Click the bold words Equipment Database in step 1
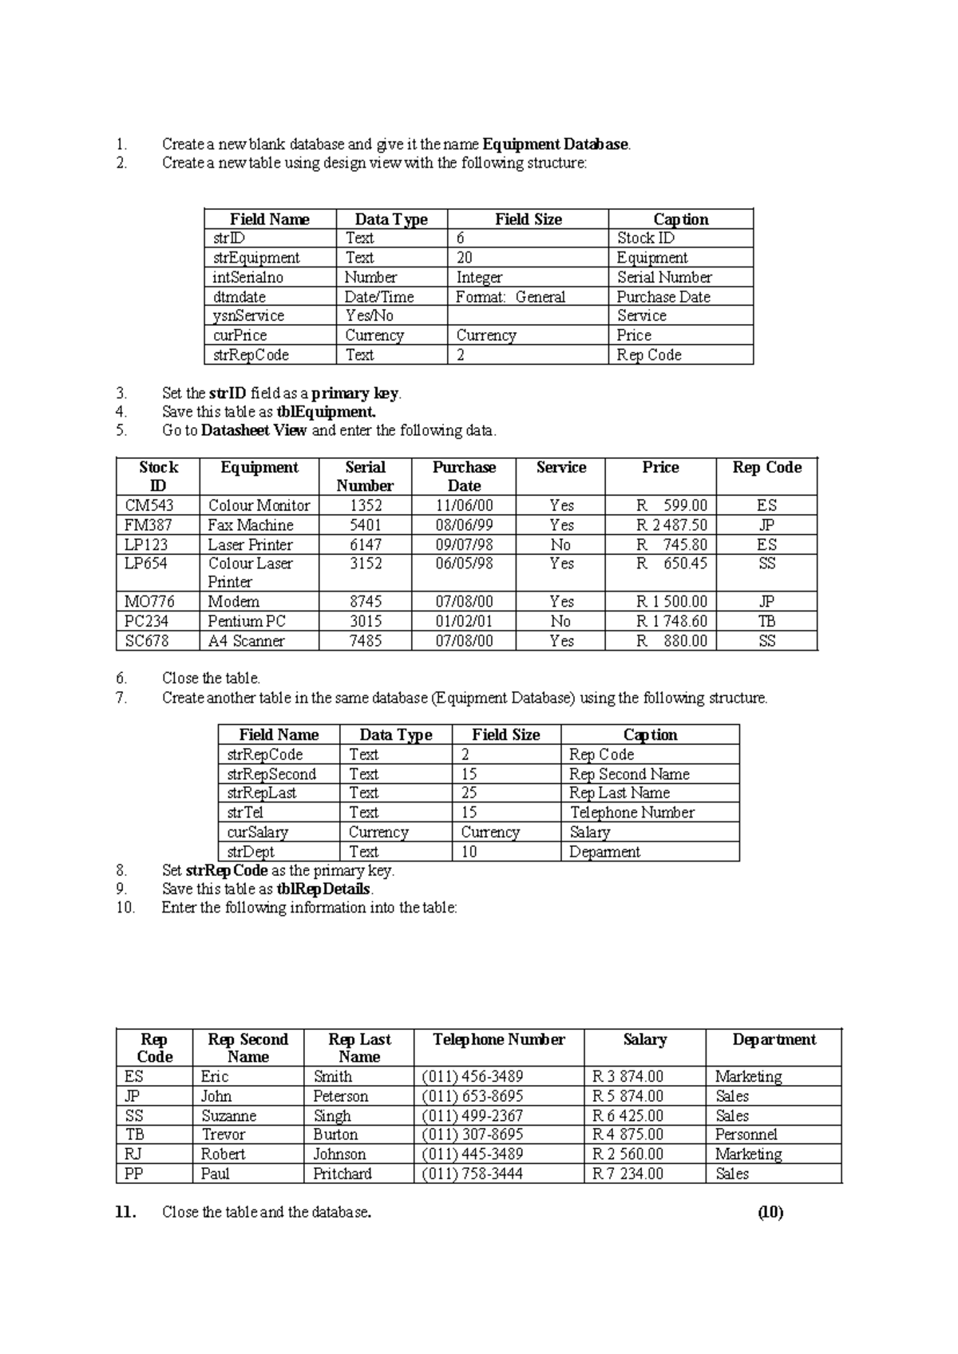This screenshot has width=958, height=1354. coord(556,145)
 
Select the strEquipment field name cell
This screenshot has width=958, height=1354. coord(256,258)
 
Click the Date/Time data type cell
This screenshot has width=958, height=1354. coord(379,297)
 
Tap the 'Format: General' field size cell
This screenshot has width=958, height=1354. coord(510,297)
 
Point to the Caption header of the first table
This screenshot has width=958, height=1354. coord(680,220)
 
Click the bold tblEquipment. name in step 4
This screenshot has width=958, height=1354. coord(326,412)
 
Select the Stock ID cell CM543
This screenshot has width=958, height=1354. coord(149,505)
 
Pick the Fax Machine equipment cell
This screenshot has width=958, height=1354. coord(251,525)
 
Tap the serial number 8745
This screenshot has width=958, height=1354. coord(366,602)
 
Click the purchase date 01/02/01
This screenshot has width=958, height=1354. coord(464,621)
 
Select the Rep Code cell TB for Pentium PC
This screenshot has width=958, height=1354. coord(766,621)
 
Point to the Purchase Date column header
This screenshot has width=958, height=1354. coord(464,477)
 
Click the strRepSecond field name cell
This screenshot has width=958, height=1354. coord(271,774)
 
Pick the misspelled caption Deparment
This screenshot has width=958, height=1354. coord(604,852)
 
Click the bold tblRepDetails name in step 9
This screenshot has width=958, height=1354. coord(323,889)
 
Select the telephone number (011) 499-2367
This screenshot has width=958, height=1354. coord(473,1116)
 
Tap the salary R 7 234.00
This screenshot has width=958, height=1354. coord(627,1174)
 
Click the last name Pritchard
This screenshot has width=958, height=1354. coord(342,1174)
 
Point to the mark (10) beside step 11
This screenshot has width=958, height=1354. coord(770,1213)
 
